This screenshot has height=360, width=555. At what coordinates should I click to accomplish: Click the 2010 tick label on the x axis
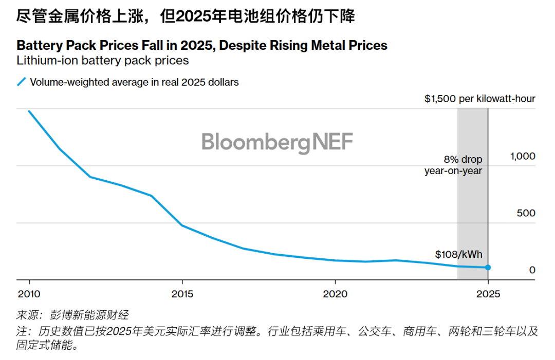[x=29, y=295]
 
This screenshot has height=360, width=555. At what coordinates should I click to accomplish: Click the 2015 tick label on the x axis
[x=182, y=295]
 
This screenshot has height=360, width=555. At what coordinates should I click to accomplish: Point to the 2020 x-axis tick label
[x=335, y=295]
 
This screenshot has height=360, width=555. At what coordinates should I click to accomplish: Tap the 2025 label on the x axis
[x=488, y=295]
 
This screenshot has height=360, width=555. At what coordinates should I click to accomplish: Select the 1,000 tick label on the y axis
[x=522, y=156]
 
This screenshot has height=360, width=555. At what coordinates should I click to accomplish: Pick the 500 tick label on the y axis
[x=526, y=213]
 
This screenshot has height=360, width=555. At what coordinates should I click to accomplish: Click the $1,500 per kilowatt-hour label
[x=479, y=99]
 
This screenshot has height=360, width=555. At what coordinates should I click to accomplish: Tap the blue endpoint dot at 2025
[x=488, y=268]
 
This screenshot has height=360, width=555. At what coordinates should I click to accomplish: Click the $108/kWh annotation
[x=458, y=254]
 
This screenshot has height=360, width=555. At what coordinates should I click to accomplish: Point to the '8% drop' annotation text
[x=463, y=160]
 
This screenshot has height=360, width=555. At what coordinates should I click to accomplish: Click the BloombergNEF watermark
[x=277, y=142]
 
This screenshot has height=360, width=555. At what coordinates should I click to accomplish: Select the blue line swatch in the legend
[x=21, y=82]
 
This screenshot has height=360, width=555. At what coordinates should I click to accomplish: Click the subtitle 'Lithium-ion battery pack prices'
[x=103, y=61]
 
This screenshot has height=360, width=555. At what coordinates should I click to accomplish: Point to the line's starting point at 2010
[x=29, y=111]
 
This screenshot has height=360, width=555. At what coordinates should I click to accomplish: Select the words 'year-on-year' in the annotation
[x=453, y=170]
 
